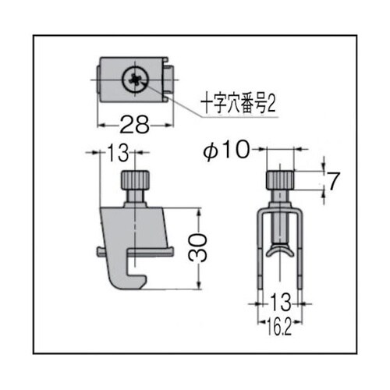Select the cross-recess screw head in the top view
coord(135,80)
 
